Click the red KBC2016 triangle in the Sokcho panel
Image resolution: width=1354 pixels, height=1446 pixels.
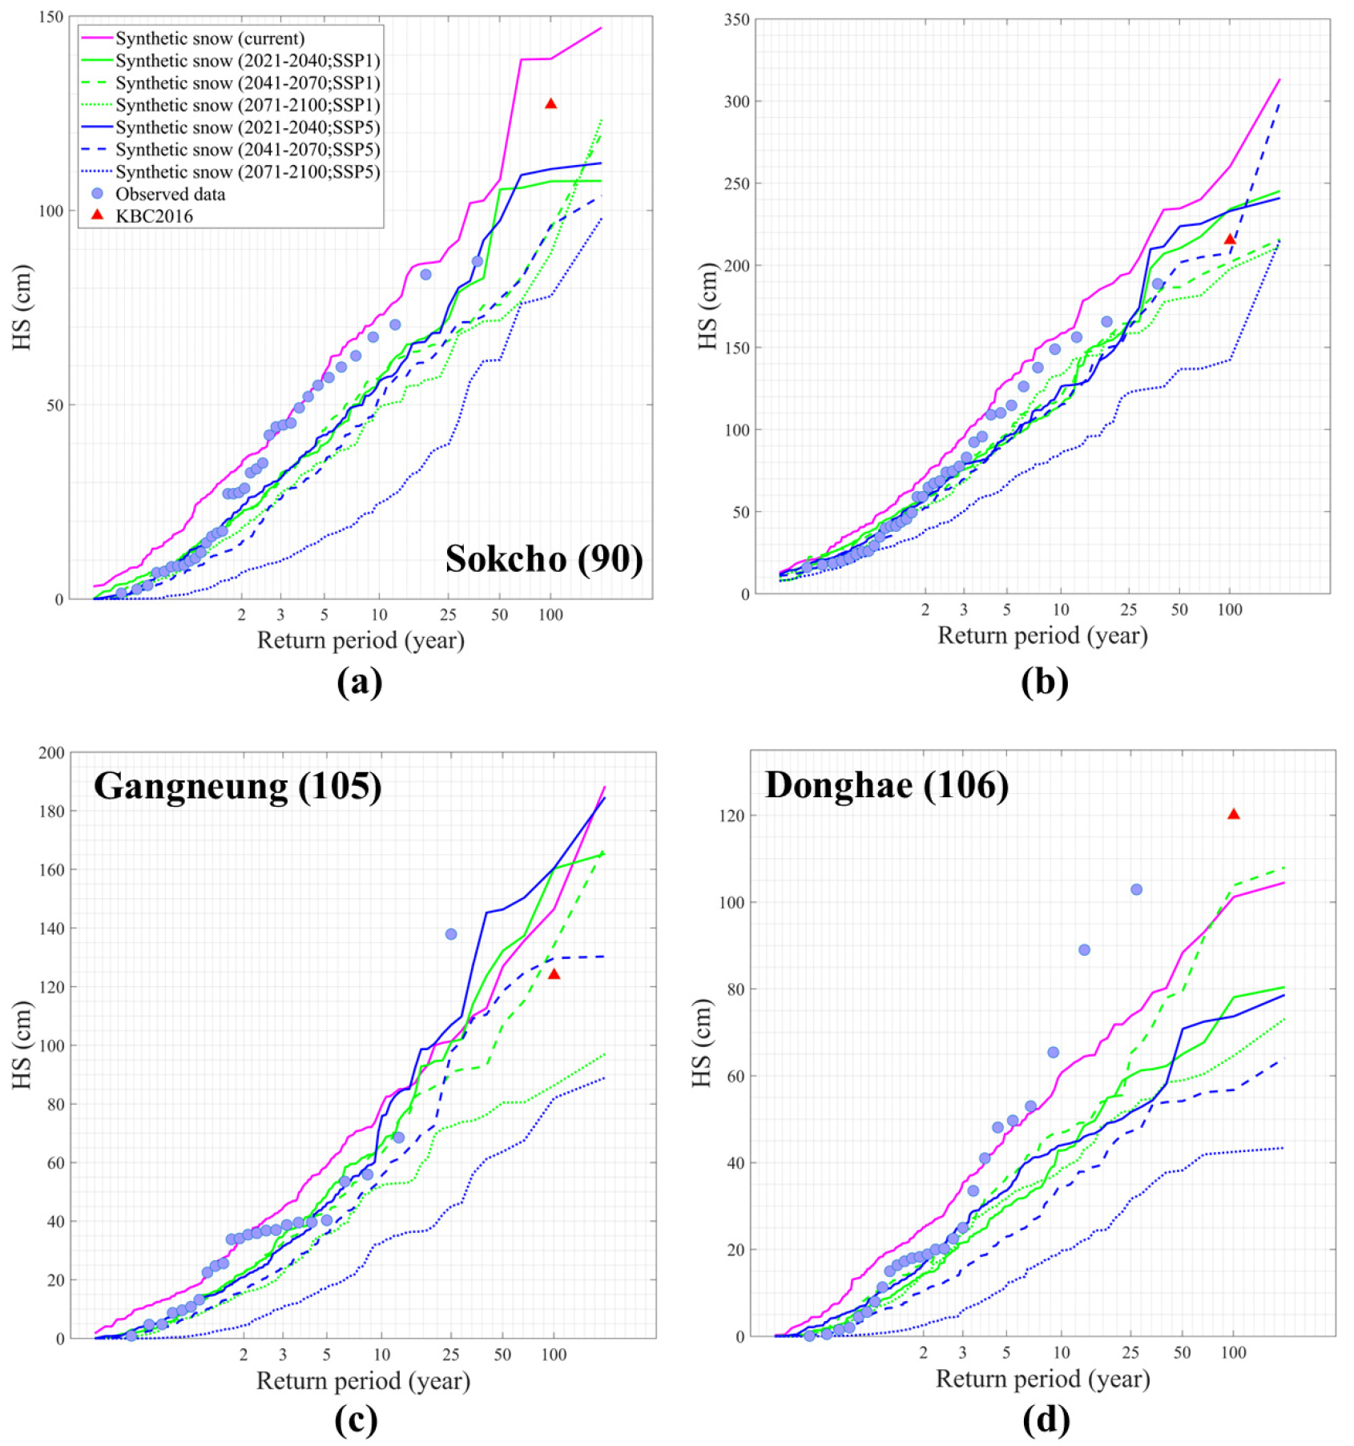point(550,104)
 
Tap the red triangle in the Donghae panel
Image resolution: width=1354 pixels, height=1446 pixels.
point(1233,814)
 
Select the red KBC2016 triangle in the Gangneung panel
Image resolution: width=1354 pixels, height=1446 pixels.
point(554,974)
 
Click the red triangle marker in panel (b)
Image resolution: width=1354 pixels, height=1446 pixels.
point(1230,240)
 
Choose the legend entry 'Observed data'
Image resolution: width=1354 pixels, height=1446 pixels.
point(170,194)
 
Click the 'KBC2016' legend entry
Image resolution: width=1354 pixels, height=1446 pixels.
point(154,216)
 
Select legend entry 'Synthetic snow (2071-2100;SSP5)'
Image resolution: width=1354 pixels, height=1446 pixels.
point(247,171)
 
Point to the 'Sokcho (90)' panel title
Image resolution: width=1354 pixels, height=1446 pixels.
point(544,558)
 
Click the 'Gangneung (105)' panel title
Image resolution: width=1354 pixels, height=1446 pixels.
point(238,786)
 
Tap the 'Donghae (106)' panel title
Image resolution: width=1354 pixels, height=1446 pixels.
point(886,784)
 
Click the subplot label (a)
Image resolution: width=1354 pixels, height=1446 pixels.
point(360,682)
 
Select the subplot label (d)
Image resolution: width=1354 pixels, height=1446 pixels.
point(1046,1420)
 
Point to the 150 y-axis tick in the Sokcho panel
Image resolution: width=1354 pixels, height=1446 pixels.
point(51,17)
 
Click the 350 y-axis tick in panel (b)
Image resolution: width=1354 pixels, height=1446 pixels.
point(736,19)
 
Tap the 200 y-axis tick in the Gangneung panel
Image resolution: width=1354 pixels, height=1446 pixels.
point(51,752)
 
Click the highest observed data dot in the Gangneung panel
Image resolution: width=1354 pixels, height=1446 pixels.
point(451,934)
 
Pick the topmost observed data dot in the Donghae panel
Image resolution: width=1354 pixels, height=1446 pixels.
point(1136,889)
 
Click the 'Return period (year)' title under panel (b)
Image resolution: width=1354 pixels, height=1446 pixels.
point(1042,635)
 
